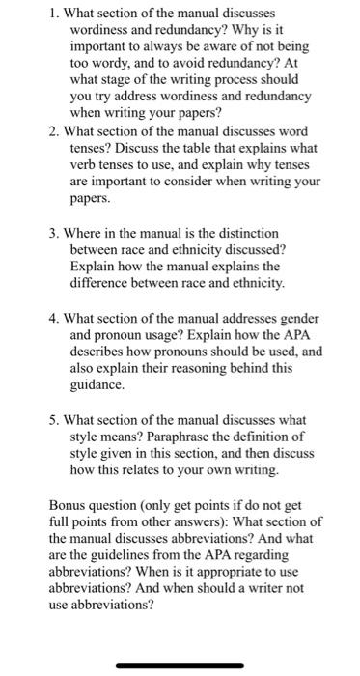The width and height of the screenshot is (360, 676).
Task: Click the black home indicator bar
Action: [x=180, y=664]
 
